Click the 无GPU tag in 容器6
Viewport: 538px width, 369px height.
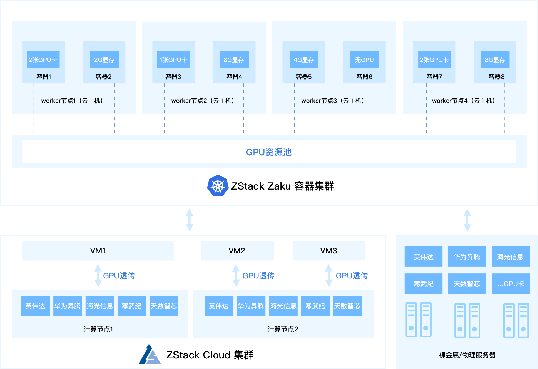coord(364,59)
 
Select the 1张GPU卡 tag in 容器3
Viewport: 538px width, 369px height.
coord(173,59)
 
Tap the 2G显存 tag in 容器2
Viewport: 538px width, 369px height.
coord(104,59)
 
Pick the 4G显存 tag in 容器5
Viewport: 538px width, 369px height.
coord(304,59)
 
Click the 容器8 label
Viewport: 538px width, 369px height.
coord(496,77)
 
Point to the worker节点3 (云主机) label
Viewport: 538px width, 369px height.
coord(333,101)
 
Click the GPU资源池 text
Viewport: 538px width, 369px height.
coord(269,152)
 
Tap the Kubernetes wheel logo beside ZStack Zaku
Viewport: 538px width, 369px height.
coord(218,185)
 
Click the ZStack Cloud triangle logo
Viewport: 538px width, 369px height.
coord(150,354)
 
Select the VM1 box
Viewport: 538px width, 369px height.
coord(98,251)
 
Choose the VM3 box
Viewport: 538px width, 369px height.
coord(329,251)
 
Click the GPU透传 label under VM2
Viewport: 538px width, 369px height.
coord(258,276)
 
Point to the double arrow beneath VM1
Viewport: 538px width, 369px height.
coord(98,275)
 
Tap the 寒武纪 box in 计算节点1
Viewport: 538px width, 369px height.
coord(132,306)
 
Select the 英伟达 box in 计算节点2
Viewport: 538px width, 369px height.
coord(219,306)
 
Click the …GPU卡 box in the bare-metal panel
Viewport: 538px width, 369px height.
coord(510,284)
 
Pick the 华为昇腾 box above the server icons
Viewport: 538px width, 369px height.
coord(467,257)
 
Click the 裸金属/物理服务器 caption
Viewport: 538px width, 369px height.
coord(467,355)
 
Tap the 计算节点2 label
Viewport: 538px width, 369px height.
coord(283,329)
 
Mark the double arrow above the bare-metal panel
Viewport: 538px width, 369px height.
coord(467,220)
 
